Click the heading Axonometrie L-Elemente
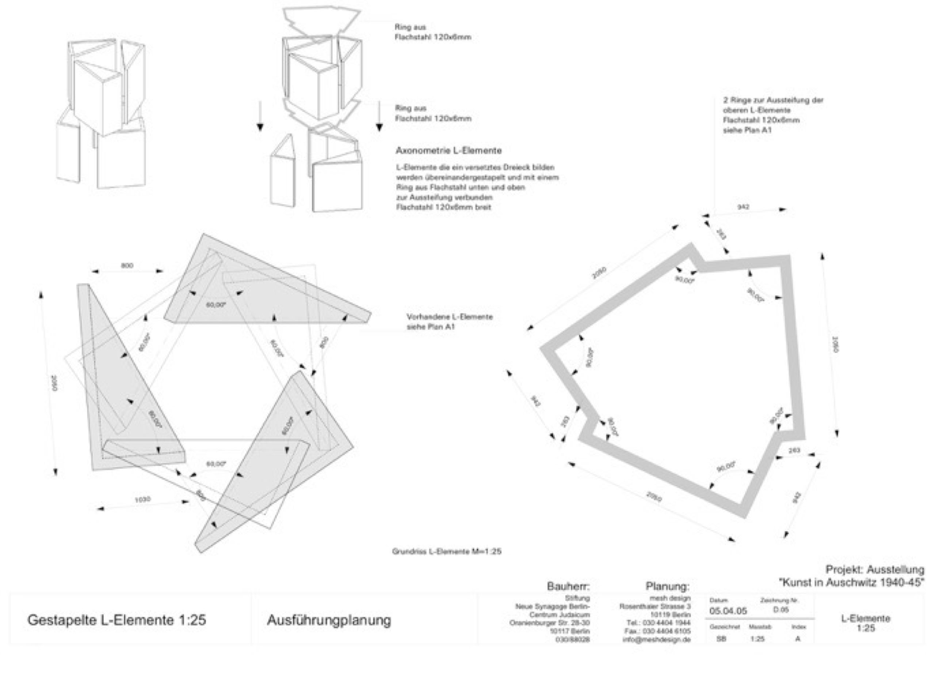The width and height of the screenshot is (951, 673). coord(448,151)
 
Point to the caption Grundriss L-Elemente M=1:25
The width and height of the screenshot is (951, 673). coord(447,552)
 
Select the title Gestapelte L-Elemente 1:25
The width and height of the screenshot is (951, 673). coord(117,620)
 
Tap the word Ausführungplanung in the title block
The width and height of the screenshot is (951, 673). coord(329,620)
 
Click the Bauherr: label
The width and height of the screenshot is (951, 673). coord(568,586)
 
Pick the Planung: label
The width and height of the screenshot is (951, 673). coord(667,586)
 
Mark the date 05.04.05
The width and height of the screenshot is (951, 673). coord(728,611)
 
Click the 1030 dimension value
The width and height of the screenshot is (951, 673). coord(142,500)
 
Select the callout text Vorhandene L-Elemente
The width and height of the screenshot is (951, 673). coord(450,317)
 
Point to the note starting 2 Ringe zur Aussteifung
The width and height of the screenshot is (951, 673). coord(773,100)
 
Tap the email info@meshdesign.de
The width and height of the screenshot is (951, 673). coord(657,639)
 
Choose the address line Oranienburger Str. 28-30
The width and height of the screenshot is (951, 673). coord(550,623)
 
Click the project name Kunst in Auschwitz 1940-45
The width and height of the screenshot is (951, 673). coord(852,582)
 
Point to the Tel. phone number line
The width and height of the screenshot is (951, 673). coord(658,623)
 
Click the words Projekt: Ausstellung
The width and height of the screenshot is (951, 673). coord(875,570)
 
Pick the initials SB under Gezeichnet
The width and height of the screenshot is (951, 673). coord(721,639)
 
